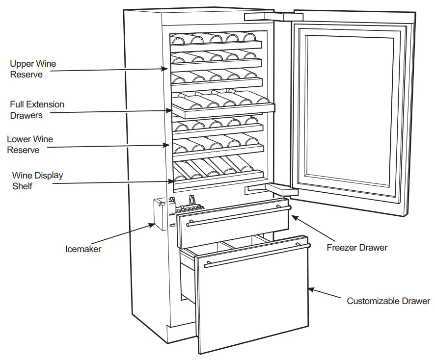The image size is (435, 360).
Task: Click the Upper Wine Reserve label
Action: (32, 69)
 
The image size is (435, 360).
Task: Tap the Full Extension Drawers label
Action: (37, 110)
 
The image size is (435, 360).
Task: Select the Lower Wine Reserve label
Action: (30, 145)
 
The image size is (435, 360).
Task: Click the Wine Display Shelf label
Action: (37, 180)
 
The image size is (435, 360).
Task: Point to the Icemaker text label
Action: (83, 249)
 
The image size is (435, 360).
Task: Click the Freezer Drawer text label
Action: (357, 248)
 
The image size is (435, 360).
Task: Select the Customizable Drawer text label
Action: (388, 301)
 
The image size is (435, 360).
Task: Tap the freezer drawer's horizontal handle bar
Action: (236, 216)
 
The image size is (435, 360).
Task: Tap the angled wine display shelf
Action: (216, 172)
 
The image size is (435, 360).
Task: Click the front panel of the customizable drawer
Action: (253, 304)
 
